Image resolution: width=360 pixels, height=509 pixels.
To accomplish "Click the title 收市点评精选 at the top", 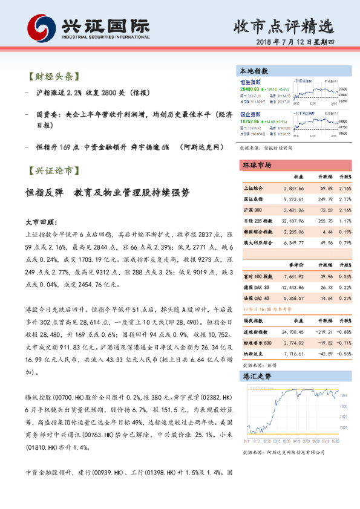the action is (284, 26).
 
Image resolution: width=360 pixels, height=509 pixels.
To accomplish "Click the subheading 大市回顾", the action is (41, 222).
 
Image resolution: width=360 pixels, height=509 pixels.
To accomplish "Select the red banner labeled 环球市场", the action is (257, 165).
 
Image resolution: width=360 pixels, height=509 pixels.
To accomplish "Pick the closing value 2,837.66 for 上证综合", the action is (293, 188).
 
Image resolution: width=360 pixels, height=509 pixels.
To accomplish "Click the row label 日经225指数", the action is (258, 221).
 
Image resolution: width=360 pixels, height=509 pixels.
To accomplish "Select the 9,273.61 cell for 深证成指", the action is (293, 199).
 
